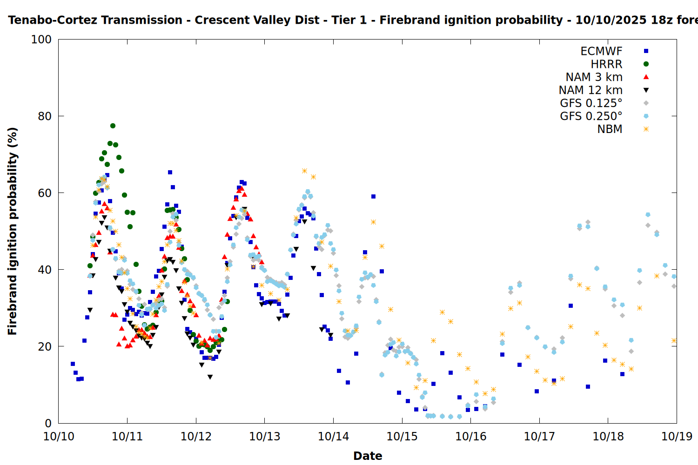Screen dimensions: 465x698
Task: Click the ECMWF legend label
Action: point(601,51)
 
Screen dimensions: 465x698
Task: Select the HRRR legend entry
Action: point(606,64)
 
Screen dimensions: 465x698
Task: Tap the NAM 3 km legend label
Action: point(594,77)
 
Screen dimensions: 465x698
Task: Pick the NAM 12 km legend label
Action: point(591,90)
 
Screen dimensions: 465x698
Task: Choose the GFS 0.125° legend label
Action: point(591,103)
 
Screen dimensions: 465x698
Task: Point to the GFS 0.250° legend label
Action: point(591,116)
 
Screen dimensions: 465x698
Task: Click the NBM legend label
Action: point(610,129)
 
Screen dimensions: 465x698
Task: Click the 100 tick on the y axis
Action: point(41,40)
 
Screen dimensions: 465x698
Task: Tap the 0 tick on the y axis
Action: point(48,423)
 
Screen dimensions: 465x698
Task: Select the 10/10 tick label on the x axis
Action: point(59,437)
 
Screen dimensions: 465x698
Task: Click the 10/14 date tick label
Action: point(333,437)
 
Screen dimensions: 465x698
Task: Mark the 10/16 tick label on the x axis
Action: point(470,437)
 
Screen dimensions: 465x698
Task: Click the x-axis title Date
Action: point(368,456)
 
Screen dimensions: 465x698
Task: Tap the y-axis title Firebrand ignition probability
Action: point(13,231)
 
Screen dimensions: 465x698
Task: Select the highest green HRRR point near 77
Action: point(113,126)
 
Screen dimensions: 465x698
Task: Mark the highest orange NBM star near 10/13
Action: point(304,171)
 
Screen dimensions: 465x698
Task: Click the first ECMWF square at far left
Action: point(73,364)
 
